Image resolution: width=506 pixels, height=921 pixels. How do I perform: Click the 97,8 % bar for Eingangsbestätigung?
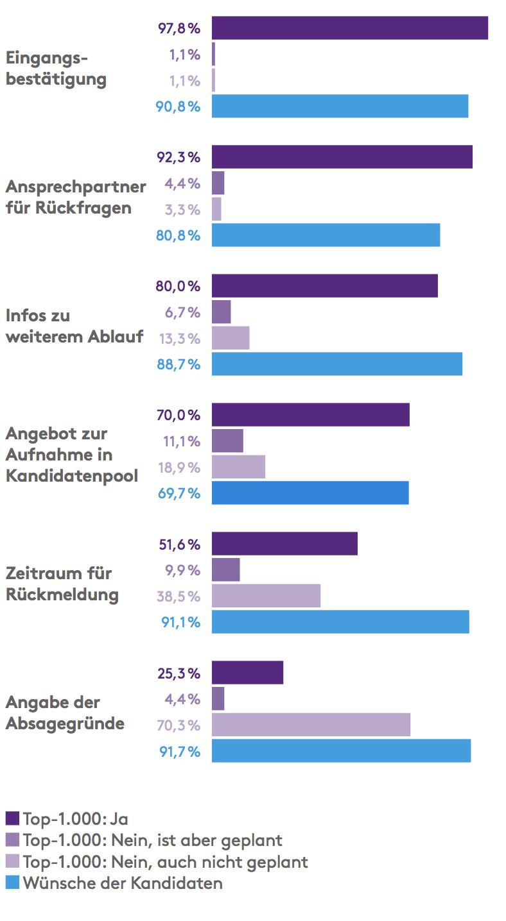tap(349, 28)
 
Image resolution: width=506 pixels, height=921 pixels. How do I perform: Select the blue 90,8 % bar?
tap(340, 106)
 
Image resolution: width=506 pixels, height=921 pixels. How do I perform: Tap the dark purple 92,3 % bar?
tap(342, 157)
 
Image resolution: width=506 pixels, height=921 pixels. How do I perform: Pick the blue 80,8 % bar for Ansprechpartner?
tap(326, 235)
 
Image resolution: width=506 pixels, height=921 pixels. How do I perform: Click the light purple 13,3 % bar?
tap(231, 338)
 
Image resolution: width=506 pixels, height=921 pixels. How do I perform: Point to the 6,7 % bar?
tap(221, 312)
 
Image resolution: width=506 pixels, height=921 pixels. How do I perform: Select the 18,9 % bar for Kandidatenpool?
tap(238, 467)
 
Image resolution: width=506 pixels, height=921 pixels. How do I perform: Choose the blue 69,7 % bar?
tap(310, 493)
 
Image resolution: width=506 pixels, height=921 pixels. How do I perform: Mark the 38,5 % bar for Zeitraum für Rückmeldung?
tap(266, 596)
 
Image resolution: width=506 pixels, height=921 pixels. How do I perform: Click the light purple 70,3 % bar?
tap(311, 725)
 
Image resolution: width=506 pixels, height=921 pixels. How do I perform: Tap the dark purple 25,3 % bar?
tap(247, 673)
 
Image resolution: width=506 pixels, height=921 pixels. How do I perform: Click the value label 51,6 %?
tap(179, 545)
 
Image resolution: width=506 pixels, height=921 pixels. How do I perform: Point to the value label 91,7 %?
tap(179, 751)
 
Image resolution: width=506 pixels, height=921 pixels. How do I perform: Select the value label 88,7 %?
tap(179, 364)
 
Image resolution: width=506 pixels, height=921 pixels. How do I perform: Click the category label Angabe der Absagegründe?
tap(65, 713)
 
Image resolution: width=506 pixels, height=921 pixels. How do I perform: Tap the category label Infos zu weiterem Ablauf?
tap(74, 326)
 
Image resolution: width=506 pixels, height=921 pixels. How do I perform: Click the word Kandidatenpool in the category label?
tap(72, 475)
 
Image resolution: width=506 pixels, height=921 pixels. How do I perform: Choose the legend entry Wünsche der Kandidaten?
tap(123, 883)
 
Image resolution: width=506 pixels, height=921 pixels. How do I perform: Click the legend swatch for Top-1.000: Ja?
tap(12, 818)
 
